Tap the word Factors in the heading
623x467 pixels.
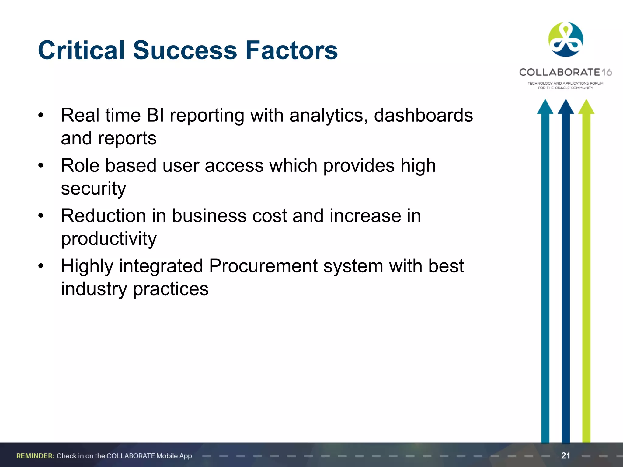pyautogui.click(x=291, y=50)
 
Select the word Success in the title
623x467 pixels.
pyautogui.click(x=185, y=50)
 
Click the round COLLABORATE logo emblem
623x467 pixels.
pyautogui.click(x=566, y=40)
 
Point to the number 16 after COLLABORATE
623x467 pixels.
pyautogui.click(x=607, y=72)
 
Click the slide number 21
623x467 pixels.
pyautogui.click(x=566, y=455)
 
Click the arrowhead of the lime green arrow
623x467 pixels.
pyautogui.click(x=586, y=107)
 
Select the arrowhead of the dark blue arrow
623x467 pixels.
pyautogui.click(x=566, y=107)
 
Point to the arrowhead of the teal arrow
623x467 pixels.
pyautogui.click(x=545, y=107)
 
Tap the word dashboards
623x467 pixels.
pyautogui.click(x=423, y=116)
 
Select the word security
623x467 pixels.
pyautogui.click(x=93, y=189)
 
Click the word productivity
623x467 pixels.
pyautogui.click(x=109, y=239)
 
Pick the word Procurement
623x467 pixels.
pyautogui.click(x=263, y=266)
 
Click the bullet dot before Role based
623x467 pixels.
pyautogui.click(x=41, y=166)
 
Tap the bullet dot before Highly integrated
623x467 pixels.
pyautogui.click(x=41, y=266)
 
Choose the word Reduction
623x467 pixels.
pyautogui.click(x=103, y=216)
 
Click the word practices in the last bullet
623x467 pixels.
pyautogui.click(x=171, y=289)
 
